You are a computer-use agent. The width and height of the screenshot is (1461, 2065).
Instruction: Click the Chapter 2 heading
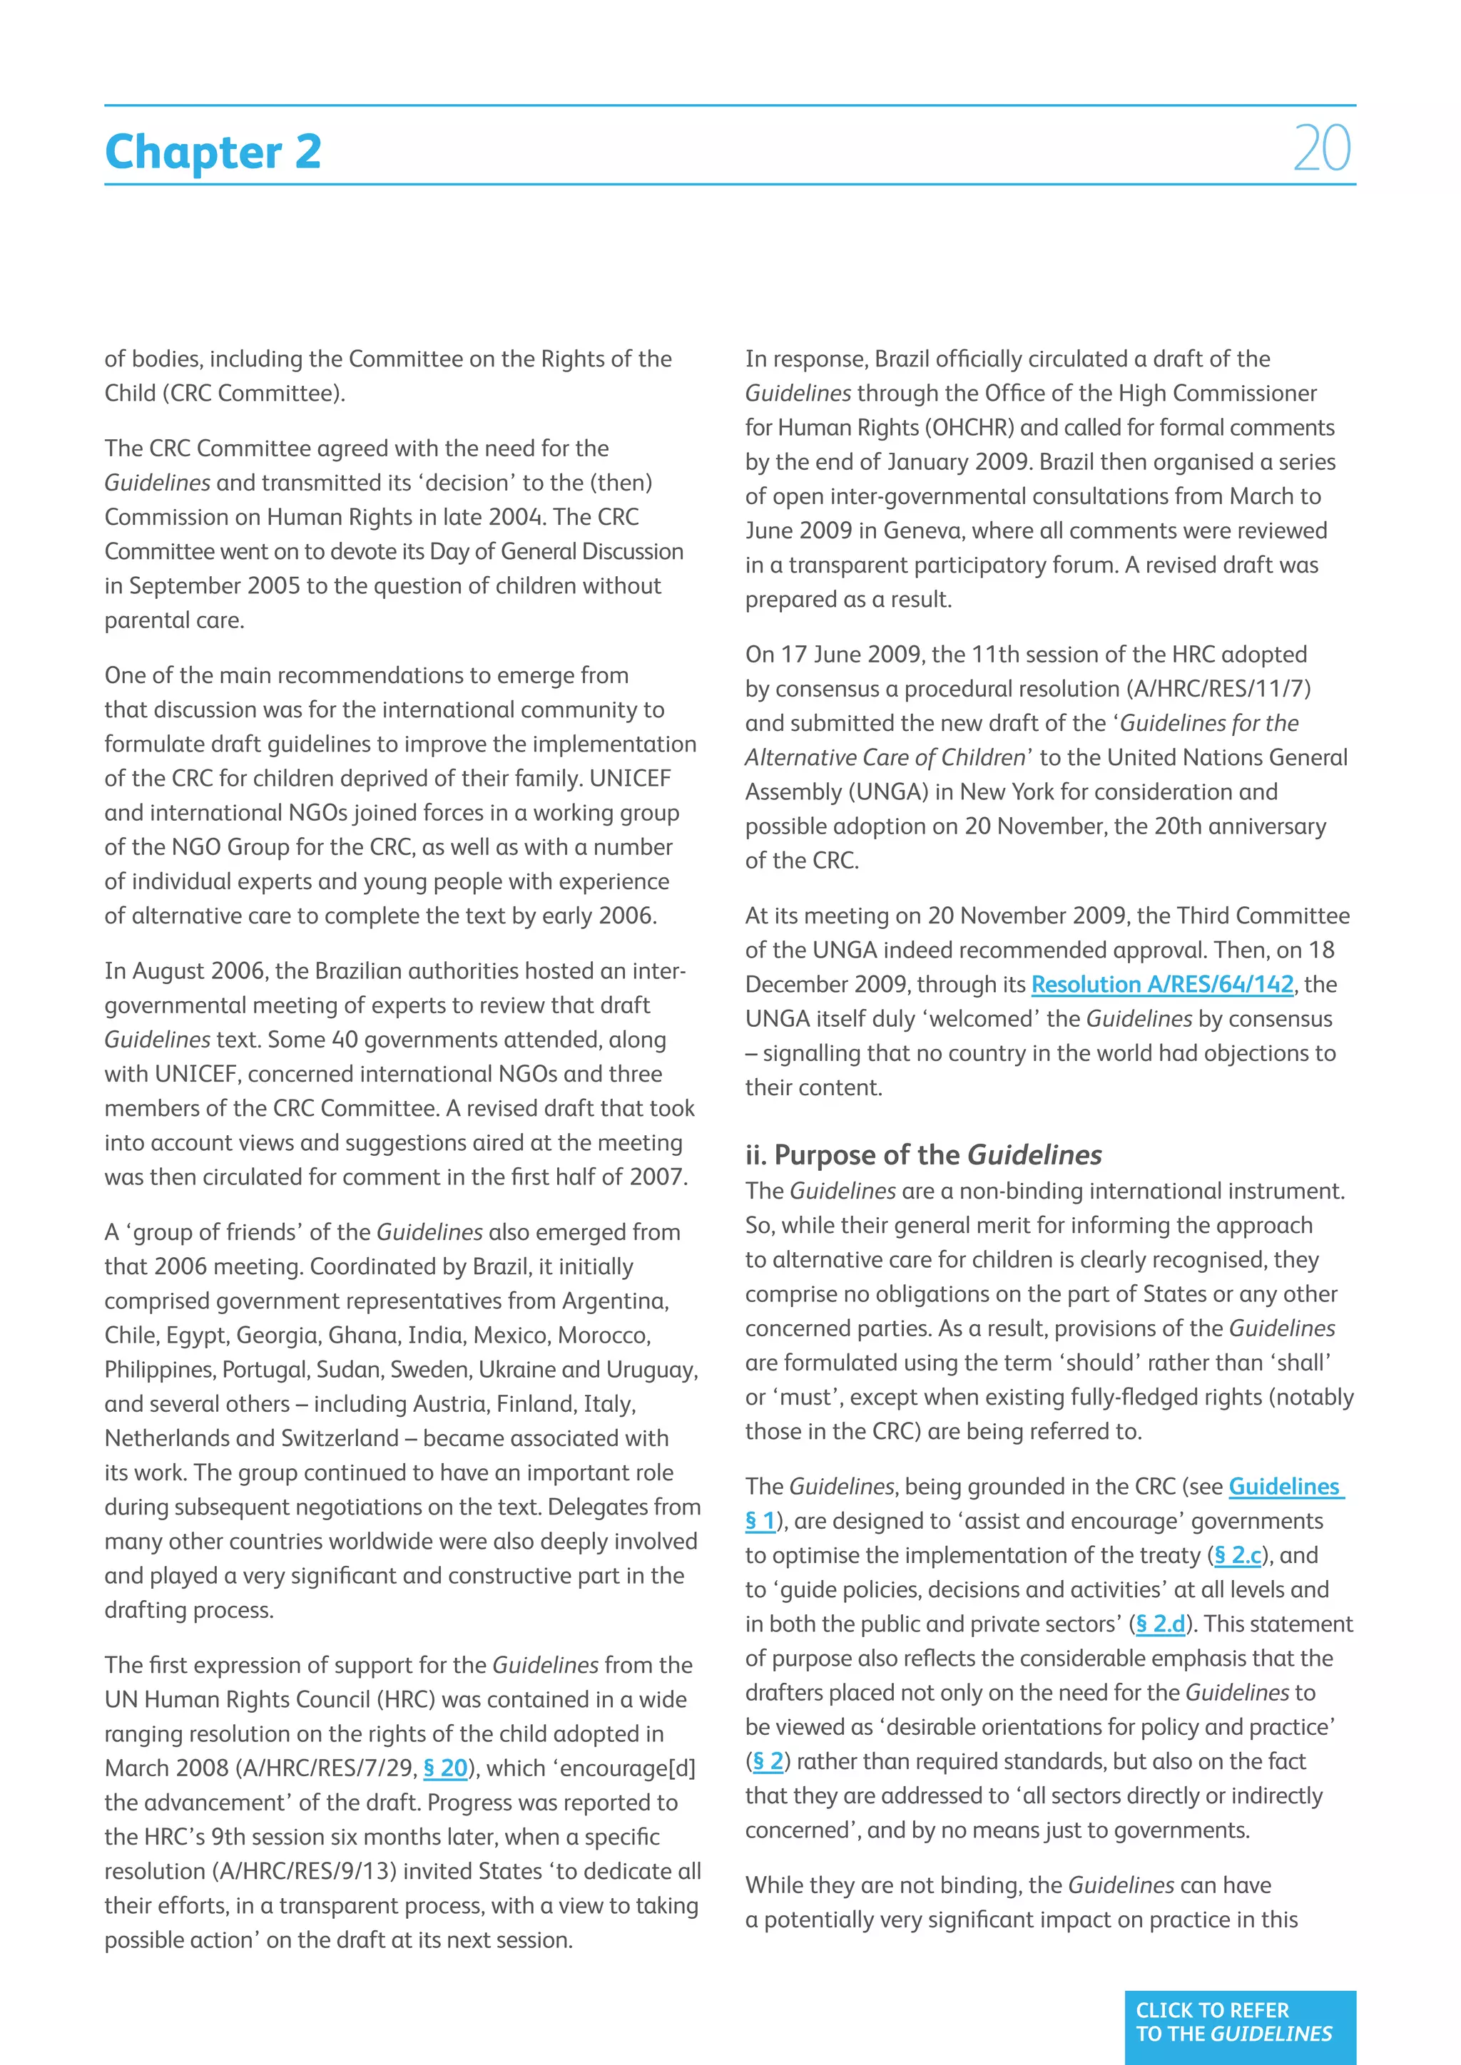[x=213, y=151]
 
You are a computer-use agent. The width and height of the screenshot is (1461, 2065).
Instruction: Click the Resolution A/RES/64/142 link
[x=1161, y=984]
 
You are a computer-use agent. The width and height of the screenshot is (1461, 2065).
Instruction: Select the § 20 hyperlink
[x=445, y=1768]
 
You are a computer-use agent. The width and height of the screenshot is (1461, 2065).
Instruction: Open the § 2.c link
[x=1238, y=1555]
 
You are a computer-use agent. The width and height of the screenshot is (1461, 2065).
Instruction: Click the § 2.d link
[x=1161, y=1624]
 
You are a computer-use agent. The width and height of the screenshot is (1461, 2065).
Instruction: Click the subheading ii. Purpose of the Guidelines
[x=923, y=1155]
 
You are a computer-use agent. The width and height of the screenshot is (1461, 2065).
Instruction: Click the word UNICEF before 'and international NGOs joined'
[x=630, y=778]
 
